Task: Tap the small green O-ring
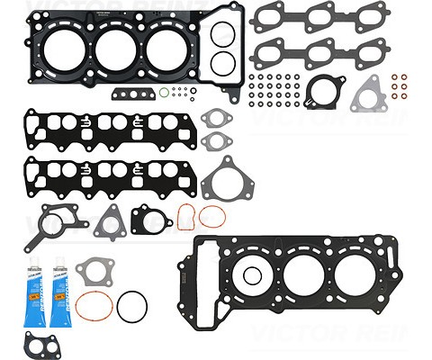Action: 163,92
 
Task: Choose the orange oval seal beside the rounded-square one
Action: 212,216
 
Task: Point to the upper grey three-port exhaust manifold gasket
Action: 308,18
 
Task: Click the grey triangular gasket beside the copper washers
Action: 367,94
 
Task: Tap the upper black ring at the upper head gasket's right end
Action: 220,34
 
